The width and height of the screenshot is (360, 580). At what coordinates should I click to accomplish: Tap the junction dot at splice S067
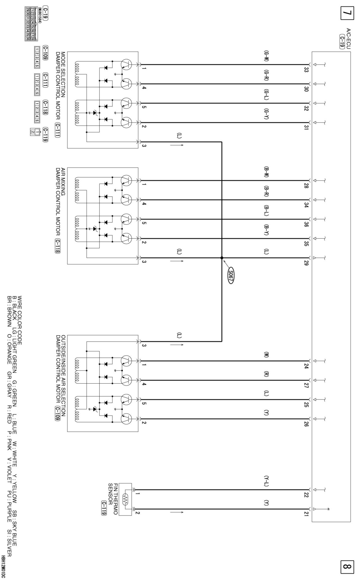222,258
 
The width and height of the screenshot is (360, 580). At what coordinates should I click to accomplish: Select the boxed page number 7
347,13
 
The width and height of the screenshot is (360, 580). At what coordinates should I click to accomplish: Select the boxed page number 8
347,566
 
